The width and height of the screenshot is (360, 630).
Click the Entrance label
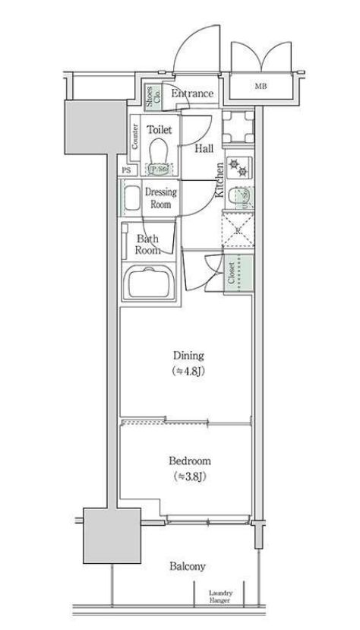192,93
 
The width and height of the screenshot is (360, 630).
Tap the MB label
260,86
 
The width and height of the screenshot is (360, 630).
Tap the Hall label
203,149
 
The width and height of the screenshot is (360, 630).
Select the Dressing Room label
161,198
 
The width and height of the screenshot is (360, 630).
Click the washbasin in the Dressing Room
131,200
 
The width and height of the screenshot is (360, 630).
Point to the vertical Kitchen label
219,181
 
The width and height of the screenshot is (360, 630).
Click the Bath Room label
147,244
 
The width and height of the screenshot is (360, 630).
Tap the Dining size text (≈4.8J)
188,372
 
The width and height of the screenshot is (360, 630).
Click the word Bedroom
189,461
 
